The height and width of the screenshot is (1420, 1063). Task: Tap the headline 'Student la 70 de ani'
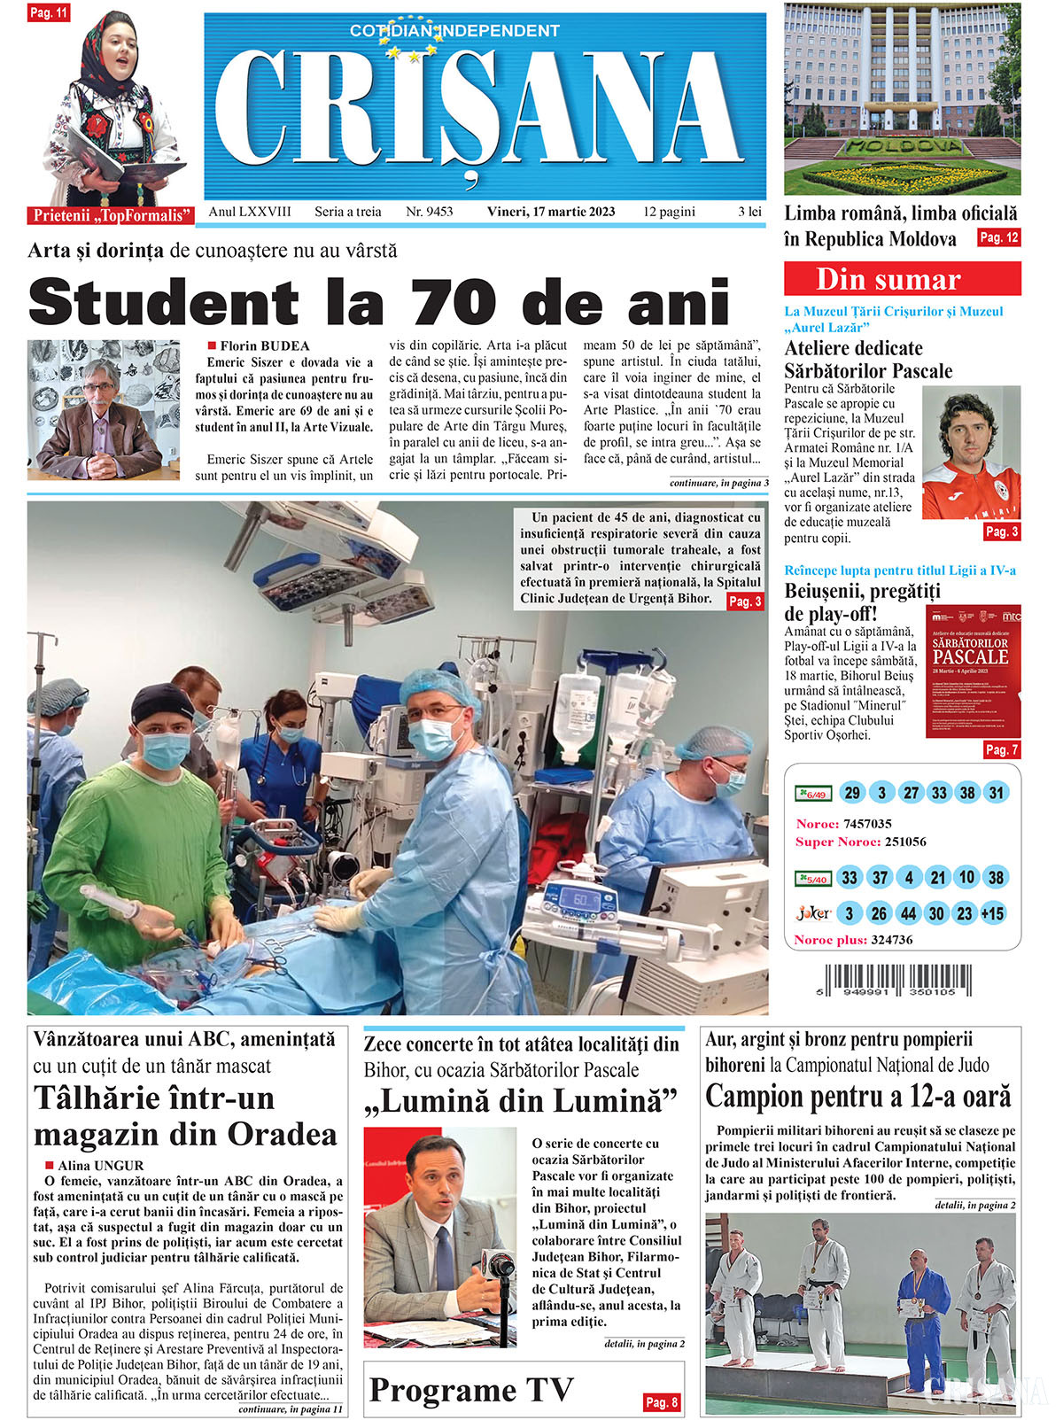click(x=379, y=301)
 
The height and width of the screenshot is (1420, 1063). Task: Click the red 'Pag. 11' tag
click(x=49, y=13)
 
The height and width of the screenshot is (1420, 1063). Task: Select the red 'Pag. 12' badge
click(x=998, y=237)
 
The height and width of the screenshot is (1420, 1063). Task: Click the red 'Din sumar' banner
click(x=902, y=279)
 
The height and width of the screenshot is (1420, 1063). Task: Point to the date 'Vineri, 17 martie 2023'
click(x=550, y=212)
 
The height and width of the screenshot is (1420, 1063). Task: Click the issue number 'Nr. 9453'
click(x=429, y=212)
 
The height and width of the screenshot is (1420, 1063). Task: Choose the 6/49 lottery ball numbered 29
click(x=852, y=793)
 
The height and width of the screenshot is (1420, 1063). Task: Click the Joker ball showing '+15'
click(x=993, y=913)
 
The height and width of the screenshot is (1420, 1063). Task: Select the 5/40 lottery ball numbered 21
click(x=937, y=878)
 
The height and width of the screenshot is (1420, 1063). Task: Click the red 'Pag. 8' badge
click(x=662, y=1402)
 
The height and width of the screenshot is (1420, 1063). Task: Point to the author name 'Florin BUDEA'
click(x=264, y=345)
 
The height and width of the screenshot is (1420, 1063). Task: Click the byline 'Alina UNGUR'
click(x=100, y=1166)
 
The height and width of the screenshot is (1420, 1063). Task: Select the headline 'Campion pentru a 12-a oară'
click(x=857, y=1097)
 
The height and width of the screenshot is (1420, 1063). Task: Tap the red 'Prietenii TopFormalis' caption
click(x=112, y=215)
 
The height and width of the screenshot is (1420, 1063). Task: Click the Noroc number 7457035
click(x=867, y=824)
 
